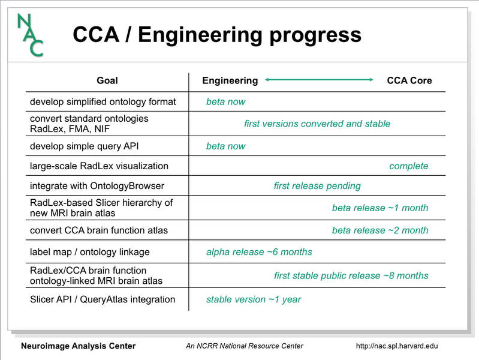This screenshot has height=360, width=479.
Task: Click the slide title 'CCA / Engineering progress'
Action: coord(217,34)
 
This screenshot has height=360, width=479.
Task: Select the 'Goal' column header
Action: coord(107,80)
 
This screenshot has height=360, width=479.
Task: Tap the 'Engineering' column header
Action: coord(230,80)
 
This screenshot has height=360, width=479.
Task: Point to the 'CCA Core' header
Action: coord(409,80)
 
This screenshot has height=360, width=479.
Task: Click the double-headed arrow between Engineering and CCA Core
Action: coord(319,80)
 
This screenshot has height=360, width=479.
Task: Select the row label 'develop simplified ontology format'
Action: coord(103,101)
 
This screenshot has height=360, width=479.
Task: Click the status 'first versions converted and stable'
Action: coord(317,124)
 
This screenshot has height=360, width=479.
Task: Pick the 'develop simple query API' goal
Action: coord(89,146)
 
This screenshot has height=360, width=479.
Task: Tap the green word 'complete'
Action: coord(409,166)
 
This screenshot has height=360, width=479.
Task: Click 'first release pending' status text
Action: coord(317,185)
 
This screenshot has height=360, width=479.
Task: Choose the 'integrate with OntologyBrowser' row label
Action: coord(97,185)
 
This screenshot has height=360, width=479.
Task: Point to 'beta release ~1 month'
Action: coord(380,208)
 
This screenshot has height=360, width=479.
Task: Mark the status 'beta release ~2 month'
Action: coord(380,230)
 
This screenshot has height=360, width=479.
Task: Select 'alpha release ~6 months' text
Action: coord(259,251)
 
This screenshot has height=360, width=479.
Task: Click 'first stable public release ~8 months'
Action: coord(351,275)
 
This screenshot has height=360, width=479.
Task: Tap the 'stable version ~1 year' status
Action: coord(254,299)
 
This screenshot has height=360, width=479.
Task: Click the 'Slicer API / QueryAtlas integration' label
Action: coord(103,299)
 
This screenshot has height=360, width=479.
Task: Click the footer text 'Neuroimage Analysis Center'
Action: coord(79,346)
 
